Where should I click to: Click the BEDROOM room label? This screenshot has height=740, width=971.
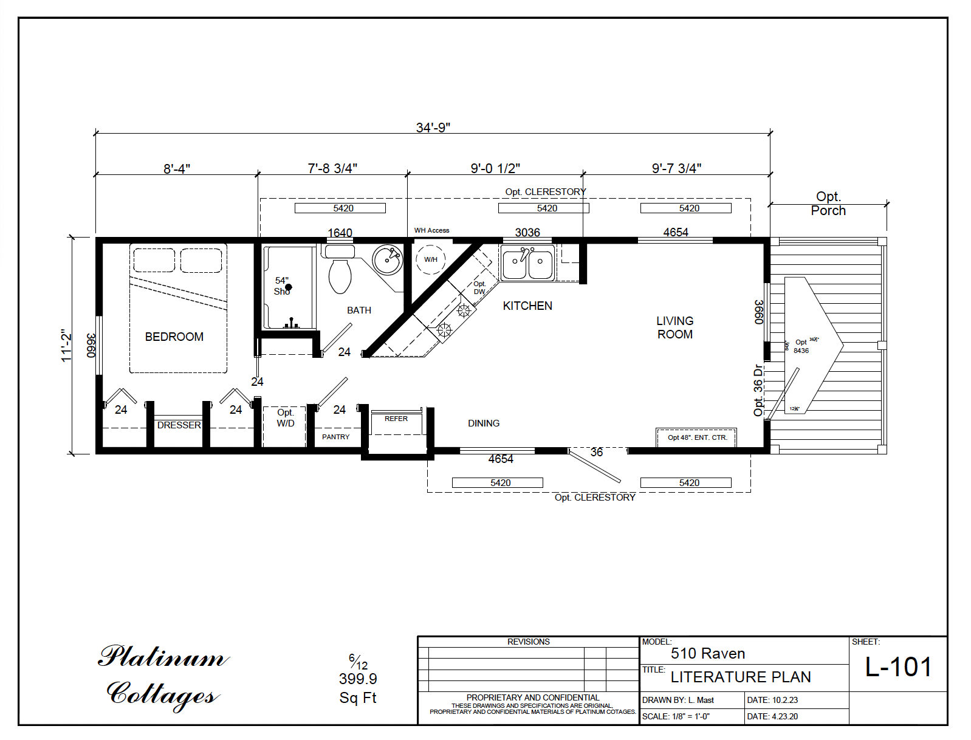point(174,337)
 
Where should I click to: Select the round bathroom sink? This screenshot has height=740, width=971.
point(387,260)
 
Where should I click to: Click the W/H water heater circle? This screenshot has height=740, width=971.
point(431,259)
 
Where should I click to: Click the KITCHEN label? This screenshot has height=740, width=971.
point(527,306)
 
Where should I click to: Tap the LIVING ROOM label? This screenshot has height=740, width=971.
point(674,327)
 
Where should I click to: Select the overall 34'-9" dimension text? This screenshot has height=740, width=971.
point(433,128)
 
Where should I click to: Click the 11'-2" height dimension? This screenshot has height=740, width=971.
point(66,345)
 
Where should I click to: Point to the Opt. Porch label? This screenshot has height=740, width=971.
point(828,204)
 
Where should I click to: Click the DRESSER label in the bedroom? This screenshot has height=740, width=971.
point(179,425)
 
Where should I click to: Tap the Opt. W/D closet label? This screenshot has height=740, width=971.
point(285,418)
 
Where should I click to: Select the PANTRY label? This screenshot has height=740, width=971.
point(335,437)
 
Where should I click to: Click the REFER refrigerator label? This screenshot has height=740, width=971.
point(396,419)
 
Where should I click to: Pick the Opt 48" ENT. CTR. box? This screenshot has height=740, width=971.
point(697,437)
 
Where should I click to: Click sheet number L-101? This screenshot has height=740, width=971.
point(898,667)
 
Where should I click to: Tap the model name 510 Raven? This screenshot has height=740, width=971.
point(707,654)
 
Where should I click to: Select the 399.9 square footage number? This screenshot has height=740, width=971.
point(358,679)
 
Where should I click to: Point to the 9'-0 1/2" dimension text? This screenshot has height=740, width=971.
point(495,168)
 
